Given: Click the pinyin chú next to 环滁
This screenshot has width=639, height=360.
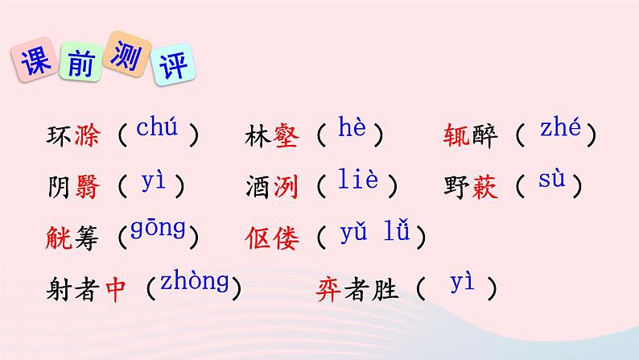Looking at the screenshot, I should [x=156, y=129].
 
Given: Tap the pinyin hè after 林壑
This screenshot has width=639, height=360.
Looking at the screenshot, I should [x=351, y=129].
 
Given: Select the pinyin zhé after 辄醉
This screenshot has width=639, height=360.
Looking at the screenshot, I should [x=561, y=128].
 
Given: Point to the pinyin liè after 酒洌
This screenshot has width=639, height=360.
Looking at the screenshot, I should [x=357, y=180].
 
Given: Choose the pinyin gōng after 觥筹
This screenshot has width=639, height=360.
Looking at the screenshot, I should [x=158, y=232].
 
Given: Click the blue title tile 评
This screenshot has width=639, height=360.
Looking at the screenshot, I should [x=176, y=64].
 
